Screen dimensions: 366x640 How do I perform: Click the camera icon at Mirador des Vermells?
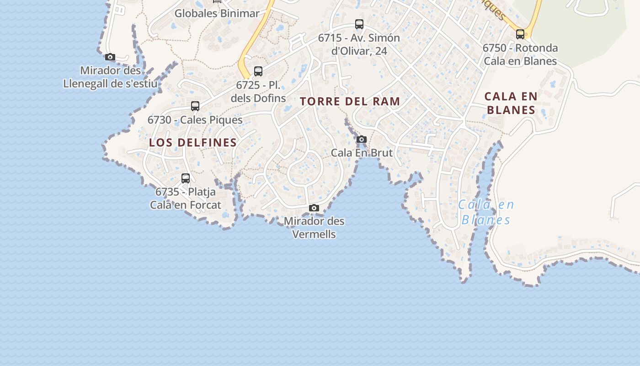(x=314, y=208)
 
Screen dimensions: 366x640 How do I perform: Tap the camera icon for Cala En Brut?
(x=362, y=140)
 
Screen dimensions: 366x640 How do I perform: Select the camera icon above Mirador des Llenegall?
(x=110, y=57)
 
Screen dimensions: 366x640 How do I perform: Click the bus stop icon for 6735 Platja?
(x=186, y=178)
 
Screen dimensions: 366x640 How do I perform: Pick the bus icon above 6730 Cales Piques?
(x=195, y=106)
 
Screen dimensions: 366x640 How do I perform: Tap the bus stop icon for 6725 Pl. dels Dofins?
(x=258, y=71)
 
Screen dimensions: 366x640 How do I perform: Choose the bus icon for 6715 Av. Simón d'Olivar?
(x=359, y=24)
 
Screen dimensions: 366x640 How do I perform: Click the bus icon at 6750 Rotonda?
(x=520, y=34)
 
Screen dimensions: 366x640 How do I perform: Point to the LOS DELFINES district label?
(x=193, y=143)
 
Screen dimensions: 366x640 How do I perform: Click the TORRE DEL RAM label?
(x=350, y=102)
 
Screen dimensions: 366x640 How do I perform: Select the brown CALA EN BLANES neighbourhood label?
(x=511, y=103)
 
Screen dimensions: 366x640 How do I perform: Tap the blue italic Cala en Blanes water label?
(x=486, y=212)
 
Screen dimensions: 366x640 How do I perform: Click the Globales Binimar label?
(x=217, y=13)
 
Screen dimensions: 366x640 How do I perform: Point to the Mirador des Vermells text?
(x=314, y=227)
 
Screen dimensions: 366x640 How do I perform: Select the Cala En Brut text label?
(x=362, y=153)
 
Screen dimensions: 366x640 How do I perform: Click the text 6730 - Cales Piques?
(x=195, y=120)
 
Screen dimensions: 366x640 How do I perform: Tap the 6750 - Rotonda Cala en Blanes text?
(x=520, y=54)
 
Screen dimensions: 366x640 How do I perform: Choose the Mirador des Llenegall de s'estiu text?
(x=110, y=77)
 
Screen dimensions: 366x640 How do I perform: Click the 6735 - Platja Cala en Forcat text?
(x=186, y=198)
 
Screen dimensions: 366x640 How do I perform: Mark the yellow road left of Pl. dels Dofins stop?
(x=247, y=50)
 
